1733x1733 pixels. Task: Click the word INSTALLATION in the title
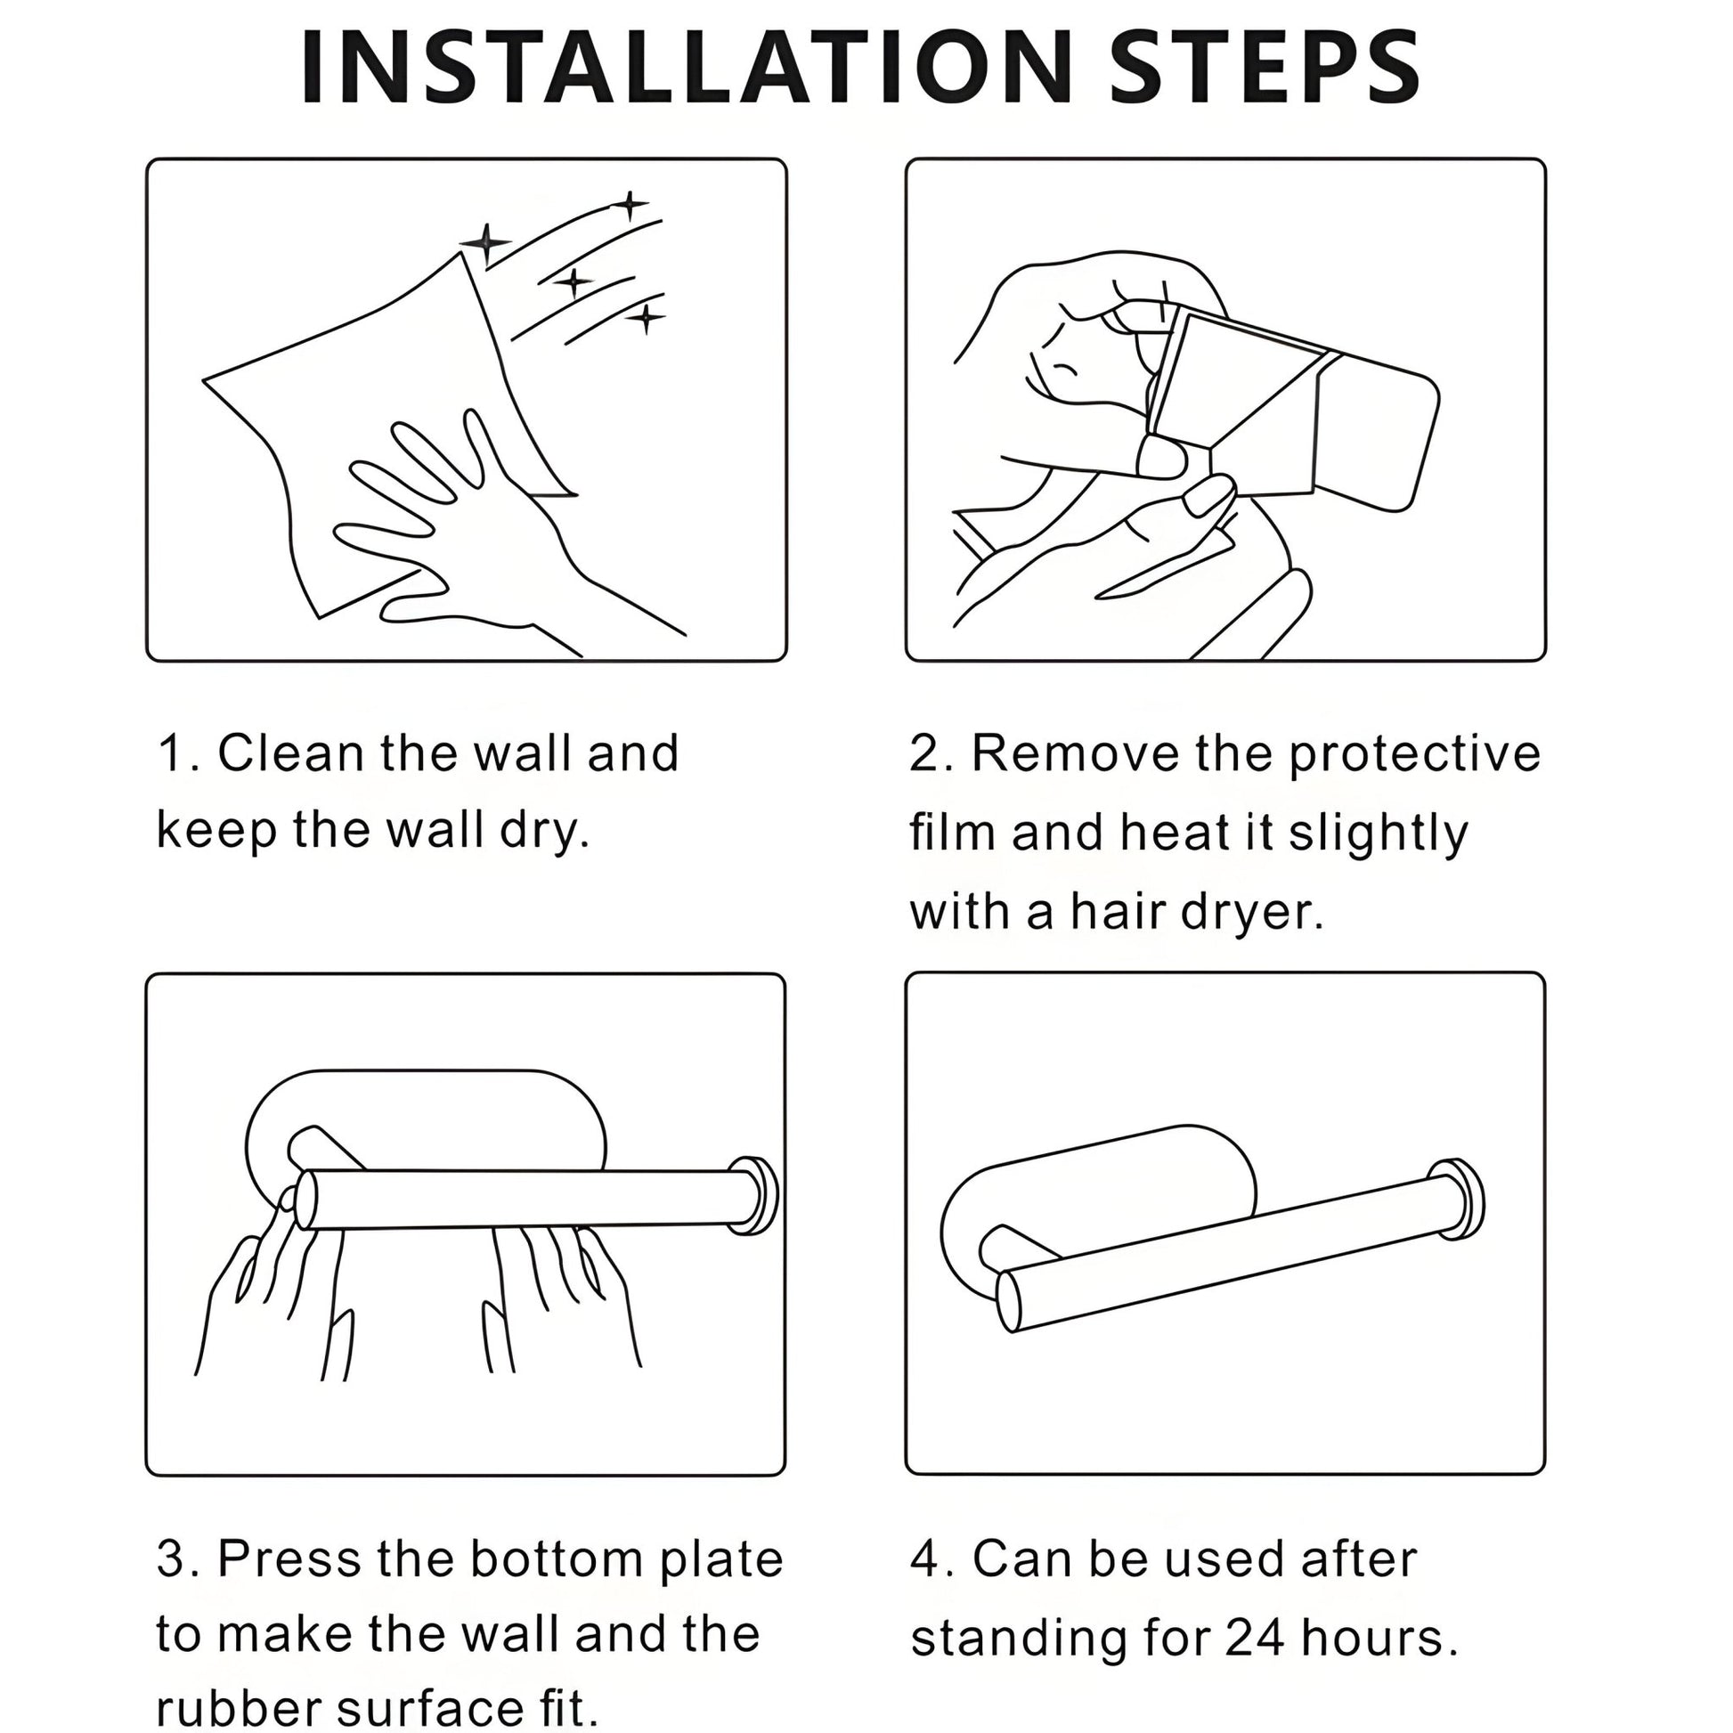(x=687, y=69)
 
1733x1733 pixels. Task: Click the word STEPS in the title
(x=1265, y=69)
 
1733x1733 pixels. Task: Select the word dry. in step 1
(x=544, y=831)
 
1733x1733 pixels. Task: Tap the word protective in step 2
(x=1414, y=755)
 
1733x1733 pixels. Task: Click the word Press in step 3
(x=290, y=1559)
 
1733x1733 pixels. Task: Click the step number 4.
(x=924, y=1559)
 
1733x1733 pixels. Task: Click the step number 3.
(x=171, y=1559)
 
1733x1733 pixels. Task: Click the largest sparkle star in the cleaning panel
(x=485, y=243)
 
